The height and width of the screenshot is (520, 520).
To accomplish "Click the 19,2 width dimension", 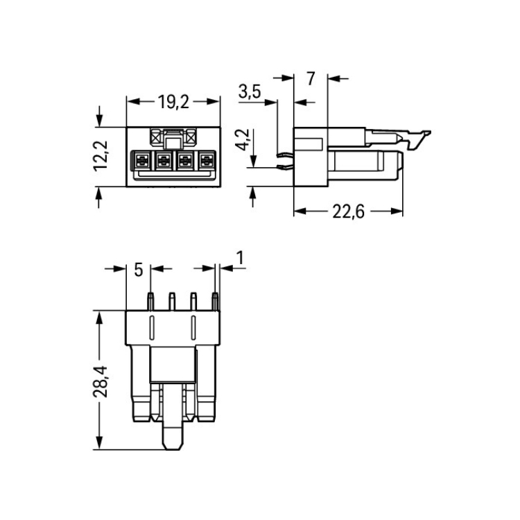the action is click(173, 102).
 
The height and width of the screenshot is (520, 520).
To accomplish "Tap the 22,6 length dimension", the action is click(348, 211).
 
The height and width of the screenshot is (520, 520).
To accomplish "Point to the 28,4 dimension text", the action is click(101, 381).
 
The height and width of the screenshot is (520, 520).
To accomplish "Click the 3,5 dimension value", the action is click(250, 92).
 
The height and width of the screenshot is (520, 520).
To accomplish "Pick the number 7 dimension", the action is click(311, 78).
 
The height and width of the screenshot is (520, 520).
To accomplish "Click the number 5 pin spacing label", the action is click(138, 270).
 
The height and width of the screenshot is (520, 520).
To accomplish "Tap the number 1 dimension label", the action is click(240, 258).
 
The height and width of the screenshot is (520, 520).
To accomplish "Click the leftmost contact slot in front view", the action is click(141, 161).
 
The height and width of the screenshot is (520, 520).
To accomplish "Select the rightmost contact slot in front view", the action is click(207, 161).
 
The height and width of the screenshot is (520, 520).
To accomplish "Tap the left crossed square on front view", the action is click(155, 137).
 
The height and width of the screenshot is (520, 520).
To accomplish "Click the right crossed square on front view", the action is click(191, 137).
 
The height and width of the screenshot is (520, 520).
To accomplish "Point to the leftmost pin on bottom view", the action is click(150, 302).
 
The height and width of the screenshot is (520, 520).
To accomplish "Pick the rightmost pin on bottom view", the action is click(215, 302).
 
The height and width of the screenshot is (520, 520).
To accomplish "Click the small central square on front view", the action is click(173, 144).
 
